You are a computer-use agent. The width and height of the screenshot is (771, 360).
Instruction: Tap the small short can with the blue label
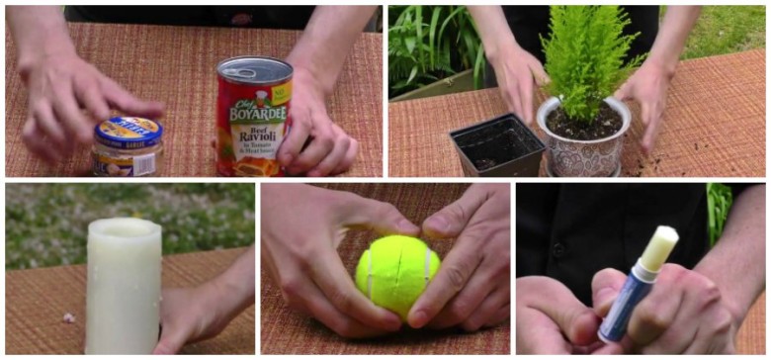tap(128, 145)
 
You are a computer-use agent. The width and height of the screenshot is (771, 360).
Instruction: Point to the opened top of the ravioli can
tap(253, 69)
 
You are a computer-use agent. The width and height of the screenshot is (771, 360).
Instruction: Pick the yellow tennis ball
tap(396, 274)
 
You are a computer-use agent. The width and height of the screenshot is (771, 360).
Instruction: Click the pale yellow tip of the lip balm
tap(659, 247)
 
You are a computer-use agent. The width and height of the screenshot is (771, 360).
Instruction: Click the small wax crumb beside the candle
tap(68, 317)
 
